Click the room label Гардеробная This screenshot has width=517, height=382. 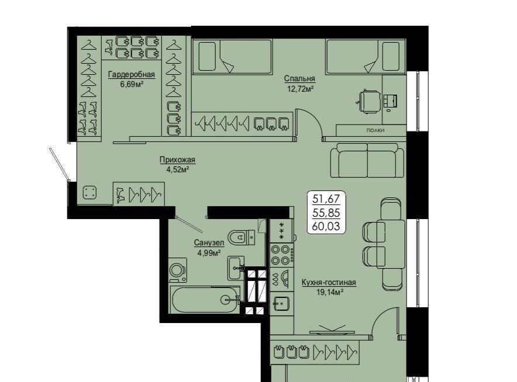coord(131,74)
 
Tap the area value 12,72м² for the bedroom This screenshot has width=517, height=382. coord(299,89)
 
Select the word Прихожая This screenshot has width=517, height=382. coord(177,159)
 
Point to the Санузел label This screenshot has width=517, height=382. coord(209,243)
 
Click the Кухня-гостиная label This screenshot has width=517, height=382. coord(329,283)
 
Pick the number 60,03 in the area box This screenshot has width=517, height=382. coord(326,227)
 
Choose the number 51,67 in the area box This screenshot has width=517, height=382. coord(326,199)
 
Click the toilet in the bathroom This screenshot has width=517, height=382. coord(242,237)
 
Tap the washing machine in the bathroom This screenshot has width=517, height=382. coord(178,270)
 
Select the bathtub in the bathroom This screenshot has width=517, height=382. coord(205,300)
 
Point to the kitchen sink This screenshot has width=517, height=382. coord(281,303)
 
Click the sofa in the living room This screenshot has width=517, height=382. coord(367,161)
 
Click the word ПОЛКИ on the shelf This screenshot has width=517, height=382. coord(375,130)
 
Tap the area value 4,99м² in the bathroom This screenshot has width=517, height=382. coord(209,253)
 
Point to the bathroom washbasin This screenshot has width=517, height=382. coord(236,268)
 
